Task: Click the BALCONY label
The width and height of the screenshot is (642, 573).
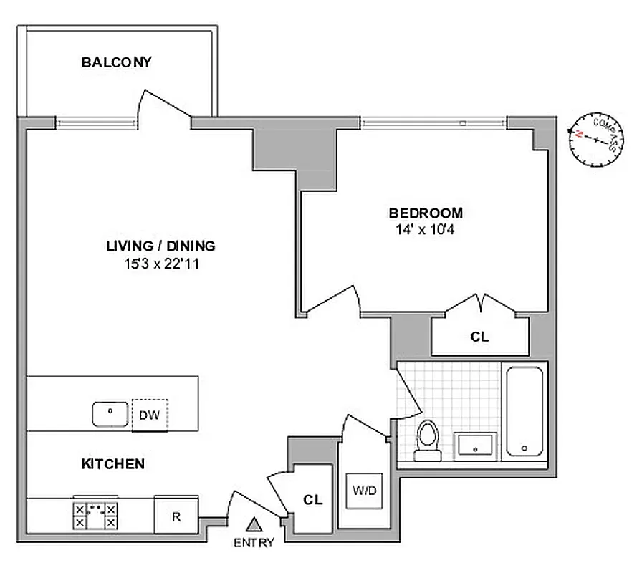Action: [116, 62]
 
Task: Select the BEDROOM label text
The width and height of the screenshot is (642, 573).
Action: [426, 213]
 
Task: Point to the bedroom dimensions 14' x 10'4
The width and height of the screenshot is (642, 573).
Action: [426, 230]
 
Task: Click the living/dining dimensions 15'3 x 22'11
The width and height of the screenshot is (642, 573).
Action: [160, 263]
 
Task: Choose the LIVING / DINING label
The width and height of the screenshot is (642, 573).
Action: [160, 246]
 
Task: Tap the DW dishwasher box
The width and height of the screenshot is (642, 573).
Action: [149, 415]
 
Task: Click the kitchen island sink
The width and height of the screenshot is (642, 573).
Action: [110, 414]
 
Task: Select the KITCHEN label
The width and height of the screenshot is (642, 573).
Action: [112, 464]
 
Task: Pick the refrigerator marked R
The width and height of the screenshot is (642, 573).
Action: [176, 516]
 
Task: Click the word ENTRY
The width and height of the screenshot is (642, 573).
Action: [254, 543]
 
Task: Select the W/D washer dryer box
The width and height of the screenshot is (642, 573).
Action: [364, 491]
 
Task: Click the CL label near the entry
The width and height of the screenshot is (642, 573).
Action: [312, 500]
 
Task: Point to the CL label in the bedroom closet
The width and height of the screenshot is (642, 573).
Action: [479, 337]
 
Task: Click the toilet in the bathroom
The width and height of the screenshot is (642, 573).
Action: [427, 438]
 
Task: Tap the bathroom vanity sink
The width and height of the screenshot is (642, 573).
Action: [474, 445]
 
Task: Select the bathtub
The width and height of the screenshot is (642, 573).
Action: [526, 412]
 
